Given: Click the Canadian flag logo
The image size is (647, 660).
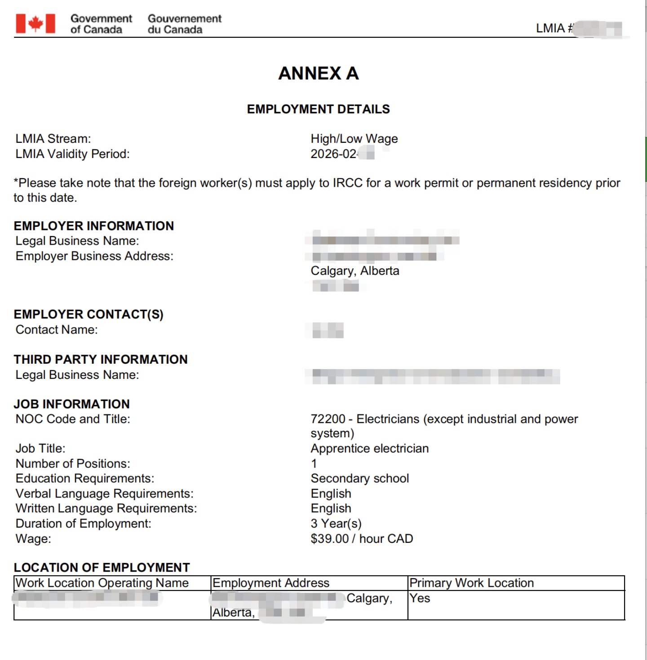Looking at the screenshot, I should pyautogui.click(x=35, y=24).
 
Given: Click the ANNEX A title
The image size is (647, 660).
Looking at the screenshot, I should pyautogui.click(x=318, y=73).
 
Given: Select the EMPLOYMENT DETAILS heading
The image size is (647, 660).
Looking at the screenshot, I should pyautogui.click(x=318, y=109).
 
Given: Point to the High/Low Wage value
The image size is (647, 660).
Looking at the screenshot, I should pyautogui.click(x=354, y=139).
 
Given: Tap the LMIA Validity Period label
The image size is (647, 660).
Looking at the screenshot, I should pyautogui.click(x=72, y=154).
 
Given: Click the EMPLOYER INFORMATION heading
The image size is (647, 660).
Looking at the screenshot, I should pyautogui.click(x=93, y=226).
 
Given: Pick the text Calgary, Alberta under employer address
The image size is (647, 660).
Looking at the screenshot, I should pyautogui.click(x=355, y=271).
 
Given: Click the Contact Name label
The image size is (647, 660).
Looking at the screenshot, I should pyautogui.click(x=57, y=330).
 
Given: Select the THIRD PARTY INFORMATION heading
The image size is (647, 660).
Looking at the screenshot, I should pyautogui.click(x=101, y=359).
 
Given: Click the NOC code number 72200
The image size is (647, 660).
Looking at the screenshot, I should pyautogui.click(x=328, y=419).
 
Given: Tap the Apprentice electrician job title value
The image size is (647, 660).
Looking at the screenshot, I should pyautogui.click(x=369, y=449).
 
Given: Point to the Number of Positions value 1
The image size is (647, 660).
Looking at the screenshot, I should pyautogui.click(x=314, y=464).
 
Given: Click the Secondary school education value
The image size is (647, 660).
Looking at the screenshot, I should pyautogui.click(x=359, y=479).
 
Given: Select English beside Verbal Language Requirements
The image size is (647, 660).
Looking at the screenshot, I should pyautogui.click(x=331, y=493).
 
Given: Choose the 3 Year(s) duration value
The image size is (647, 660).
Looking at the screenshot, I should pyautogui.click(x=336, y=524).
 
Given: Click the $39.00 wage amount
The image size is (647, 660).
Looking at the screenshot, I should pyautogui.click(x=329, y=539).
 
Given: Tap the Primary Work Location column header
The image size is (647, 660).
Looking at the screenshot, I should pyautogui.click(x=471, y=583).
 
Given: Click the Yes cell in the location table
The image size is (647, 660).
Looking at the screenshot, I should pyautogui.click(x=420, y=598).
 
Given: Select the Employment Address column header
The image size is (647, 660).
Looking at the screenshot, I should pyautogui.click(x=271, y=583).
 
